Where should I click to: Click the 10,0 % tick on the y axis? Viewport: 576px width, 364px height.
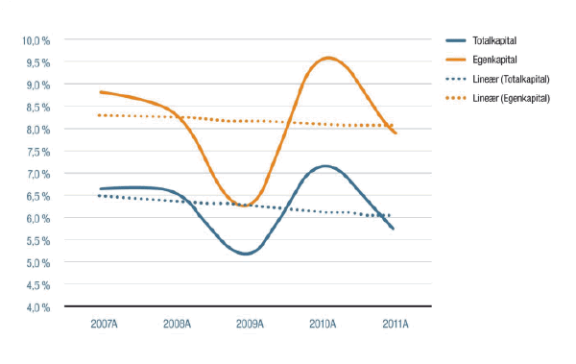[36, 40]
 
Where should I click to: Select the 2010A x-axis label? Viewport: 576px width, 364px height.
[323, 325]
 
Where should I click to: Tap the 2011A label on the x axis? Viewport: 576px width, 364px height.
[395, 325]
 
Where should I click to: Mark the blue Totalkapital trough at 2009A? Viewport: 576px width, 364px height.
[246, 254]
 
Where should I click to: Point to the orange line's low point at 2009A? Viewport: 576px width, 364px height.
[248, 205]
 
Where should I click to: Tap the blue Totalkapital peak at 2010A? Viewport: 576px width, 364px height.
[325, 166]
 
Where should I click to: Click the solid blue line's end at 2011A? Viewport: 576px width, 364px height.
[394, 229]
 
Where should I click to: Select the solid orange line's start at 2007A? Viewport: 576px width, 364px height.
[101, 92]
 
